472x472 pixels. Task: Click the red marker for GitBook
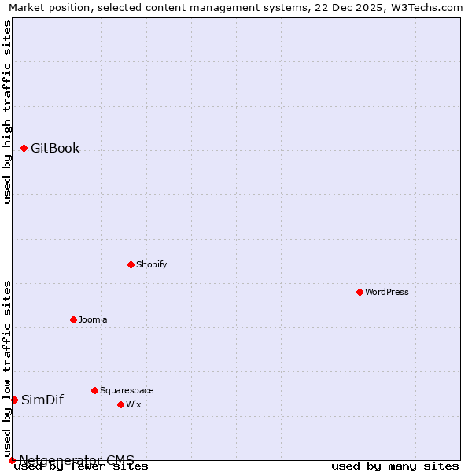[x=24, y=148]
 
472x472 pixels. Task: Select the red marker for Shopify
[x=131, y=264]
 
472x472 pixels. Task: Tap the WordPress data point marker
[x=360, y=292]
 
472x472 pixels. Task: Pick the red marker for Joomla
[x=73, y=319]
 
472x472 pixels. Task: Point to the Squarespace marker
[x=94, y=390]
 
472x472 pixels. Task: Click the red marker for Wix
[x=120, y=404]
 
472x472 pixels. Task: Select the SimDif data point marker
[x=14, y=400]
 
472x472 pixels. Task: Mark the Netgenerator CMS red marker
[x=12, y=460]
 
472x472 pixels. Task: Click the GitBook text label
[x=55, y=148]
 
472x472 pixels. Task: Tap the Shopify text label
[x=151, y=264]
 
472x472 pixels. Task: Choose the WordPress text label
[x=386, y=292]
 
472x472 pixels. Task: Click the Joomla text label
[x=93, y=319]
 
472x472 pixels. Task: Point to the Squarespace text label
[x=127, y=390]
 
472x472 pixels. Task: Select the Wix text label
[x=133, y=404]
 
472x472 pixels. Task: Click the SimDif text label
[x=42, y=400]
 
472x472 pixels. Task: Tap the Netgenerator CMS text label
[x=76, y=460]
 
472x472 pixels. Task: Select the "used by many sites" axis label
[x=395, y=466]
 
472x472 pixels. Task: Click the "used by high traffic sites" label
[x=7, y=112]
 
